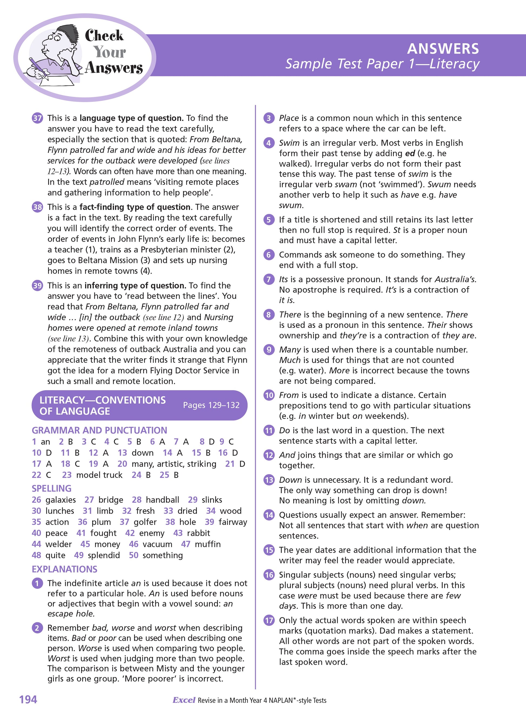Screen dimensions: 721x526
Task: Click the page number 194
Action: (x=28, y=699)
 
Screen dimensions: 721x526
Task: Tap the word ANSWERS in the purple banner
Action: (x=443, y=49)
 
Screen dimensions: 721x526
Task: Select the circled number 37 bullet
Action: (x=37, y=118)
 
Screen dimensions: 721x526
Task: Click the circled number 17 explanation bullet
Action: (x=269, y=620)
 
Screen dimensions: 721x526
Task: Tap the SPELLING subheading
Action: (x=52, y=488)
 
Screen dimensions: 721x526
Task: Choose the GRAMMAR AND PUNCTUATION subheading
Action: (x=99, y=430)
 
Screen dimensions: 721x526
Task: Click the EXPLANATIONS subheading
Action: (x=65, y=569)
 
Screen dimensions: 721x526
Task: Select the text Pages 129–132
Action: (x=211, y=405)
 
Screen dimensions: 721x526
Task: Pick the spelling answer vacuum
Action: (x=157, y=544)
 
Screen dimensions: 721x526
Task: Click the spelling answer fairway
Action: (x=233, y=522)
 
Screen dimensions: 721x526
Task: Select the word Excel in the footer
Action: (x=184, y=700)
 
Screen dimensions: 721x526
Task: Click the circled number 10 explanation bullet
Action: (x=269, y=395)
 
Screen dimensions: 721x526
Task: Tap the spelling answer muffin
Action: (x=208, y=544)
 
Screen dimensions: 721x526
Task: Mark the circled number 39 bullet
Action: (x=37, y=285)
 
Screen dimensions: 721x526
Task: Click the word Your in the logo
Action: (x=109, y=52)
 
